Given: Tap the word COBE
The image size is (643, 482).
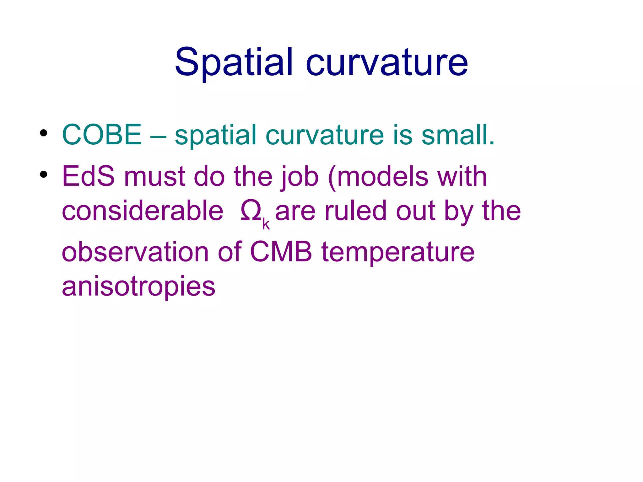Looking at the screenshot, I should [x=102, y=135].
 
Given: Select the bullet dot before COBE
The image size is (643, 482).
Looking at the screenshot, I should [x=44, y=133].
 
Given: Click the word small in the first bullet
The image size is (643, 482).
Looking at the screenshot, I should [x=458, y=135].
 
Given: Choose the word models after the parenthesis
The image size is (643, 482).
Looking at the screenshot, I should [x=383, y=176].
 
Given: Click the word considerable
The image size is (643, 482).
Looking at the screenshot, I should [x=143, y=211].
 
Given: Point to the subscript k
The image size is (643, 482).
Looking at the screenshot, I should [x=266, y=224].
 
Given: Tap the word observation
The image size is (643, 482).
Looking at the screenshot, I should [x=135, y=252].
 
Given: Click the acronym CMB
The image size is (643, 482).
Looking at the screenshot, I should [x=281, y=252].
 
